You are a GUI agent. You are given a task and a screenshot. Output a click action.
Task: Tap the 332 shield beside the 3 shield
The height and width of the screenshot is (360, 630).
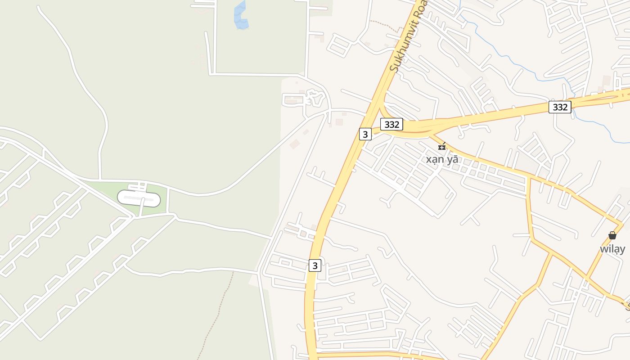[391, 124]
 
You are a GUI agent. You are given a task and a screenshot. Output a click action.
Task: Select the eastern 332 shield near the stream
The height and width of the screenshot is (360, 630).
[560, 107]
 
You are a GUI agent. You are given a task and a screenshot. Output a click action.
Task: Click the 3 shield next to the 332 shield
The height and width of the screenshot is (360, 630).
[365, 134]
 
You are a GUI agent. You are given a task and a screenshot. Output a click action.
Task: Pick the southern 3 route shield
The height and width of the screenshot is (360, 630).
[315, 265]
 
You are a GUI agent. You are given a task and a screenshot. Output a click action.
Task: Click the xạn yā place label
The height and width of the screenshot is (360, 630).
[442, 159]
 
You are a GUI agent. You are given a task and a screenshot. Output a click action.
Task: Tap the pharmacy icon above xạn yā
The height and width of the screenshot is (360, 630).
[442, 146]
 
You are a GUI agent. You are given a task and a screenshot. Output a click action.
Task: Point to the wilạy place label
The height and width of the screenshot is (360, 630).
[612, 249]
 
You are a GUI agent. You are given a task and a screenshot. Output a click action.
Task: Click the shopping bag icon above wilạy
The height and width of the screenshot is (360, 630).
[612, 235]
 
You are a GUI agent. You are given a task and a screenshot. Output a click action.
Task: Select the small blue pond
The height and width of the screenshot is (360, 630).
[240, 16]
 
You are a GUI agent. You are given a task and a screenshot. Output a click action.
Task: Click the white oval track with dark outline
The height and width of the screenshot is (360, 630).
[139, 198]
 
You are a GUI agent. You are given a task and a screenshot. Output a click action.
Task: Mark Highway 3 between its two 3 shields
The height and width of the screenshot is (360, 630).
[335, 198]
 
